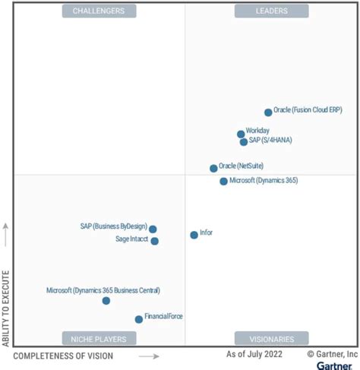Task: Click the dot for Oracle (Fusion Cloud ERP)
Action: click(268, 112)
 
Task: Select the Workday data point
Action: click(241, 134)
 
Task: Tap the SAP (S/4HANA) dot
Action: click(244, 142)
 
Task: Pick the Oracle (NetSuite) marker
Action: click(213, 169)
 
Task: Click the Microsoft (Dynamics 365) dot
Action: click(223, 182)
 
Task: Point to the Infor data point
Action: click(194, 236)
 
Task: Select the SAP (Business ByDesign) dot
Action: click(153, 229)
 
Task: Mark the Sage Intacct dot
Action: click(155, 242)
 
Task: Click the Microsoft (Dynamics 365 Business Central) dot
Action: click(106, 301)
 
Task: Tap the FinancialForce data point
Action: click(138, 320)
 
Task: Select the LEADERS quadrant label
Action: click(271, 11)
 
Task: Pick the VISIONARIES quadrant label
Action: click(271, 338)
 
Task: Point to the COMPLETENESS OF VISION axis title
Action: click(64, 356)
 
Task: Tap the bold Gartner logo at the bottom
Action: click(334, 365)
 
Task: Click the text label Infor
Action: click(206, 232)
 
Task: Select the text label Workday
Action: click(257, 131)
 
